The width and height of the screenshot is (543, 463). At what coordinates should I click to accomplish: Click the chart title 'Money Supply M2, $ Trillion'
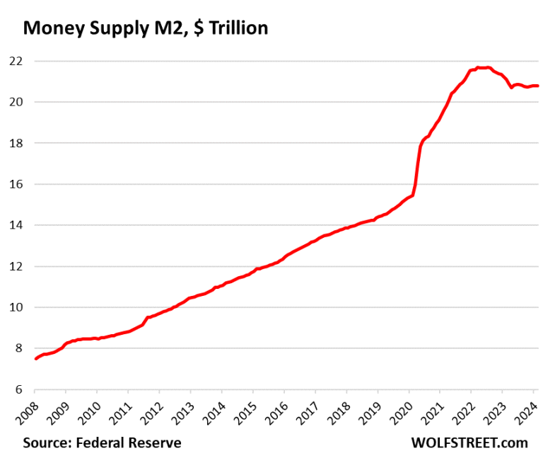click(146, 28)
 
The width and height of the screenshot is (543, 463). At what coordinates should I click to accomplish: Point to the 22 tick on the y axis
click(15, 61)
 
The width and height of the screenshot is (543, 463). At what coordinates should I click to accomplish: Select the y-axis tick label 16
click(15, 184)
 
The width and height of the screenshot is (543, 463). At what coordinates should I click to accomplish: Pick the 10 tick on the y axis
click(15, 307)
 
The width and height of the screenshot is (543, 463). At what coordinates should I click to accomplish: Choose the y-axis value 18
click(15, 143)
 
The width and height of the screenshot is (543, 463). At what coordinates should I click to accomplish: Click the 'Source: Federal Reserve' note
click(102, 443)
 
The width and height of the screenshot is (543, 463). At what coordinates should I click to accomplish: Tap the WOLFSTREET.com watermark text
click(469, 443)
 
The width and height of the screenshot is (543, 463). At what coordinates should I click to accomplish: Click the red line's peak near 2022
click(481, 67)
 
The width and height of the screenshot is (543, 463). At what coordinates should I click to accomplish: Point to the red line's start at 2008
click(35, 359)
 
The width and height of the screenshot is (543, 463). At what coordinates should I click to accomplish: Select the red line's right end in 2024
click(538, 86)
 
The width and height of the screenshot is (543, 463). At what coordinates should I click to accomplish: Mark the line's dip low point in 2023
click(511, 87)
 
